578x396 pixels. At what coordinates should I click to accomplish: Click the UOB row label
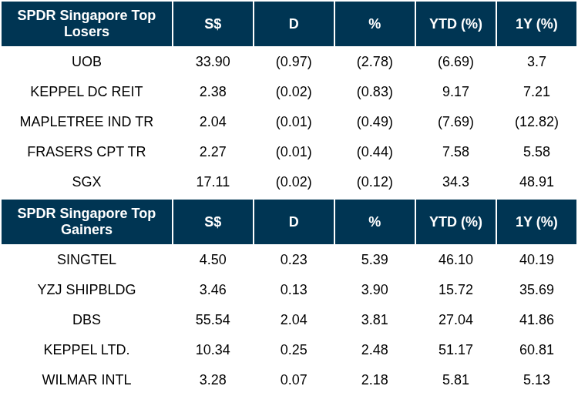(x=86, y=61)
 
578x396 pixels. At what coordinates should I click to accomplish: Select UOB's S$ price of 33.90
(x=213, y=61)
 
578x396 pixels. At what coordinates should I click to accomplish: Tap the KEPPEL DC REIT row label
(x=86, y=92)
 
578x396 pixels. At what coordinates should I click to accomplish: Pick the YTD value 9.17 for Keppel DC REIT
(x=455, y=92)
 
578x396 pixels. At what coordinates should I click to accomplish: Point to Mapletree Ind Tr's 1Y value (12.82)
(x=536, y=122)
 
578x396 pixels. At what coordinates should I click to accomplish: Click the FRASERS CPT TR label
(x=86, y=152)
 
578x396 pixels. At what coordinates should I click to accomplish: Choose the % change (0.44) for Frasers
(x=375, y=152)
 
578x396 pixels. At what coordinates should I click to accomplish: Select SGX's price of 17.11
(x=213, y=182)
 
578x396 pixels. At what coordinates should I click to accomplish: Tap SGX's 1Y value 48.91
(x=536, y=182)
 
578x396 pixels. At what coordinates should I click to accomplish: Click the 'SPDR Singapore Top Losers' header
(x=86, y=23)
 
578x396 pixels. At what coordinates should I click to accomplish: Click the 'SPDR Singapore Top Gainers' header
(x=86, y=221)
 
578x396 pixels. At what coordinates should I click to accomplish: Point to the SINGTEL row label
(x=86, y=260)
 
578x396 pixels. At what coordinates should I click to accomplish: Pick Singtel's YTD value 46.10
(x=455, y=260)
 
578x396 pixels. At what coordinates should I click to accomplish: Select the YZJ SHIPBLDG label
(x=86, y=290)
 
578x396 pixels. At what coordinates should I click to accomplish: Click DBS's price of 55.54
(x=213, y=320)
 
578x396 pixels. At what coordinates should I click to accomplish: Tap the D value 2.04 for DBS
(x=294, y=320)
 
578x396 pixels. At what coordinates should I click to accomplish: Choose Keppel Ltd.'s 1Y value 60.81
(x=536, y=350)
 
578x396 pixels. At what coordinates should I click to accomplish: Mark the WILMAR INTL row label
(x=86, y=379)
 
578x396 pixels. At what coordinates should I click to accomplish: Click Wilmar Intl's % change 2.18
(x=375, y=379)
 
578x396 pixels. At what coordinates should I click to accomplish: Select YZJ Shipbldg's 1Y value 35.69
(x=536, y=290)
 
